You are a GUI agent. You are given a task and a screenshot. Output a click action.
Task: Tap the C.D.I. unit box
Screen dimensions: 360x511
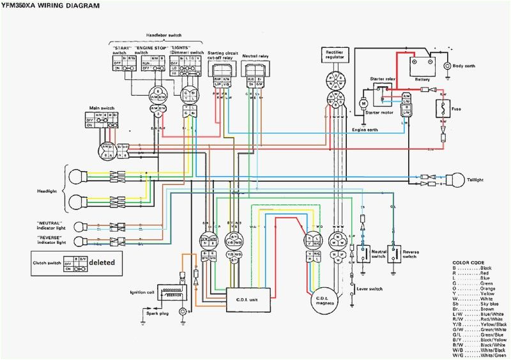click(248, 295)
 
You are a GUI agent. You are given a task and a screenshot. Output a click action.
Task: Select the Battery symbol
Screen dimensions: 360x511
click(422, 64)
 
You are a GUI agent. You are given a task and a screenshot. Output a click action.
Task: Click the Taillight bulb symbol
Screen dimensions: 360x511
click(455, 180)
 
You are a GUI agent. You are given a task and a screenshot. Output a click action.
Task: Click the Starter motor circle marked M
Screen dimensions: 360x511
click(362, 103)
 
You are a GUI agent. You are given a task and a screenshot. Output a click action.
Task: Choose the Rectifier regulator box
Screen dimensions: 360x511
click(335, 56)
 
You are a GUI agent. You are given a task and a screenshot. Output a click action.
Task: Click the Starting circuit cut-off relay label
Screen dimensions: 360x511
click(218, 56)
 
